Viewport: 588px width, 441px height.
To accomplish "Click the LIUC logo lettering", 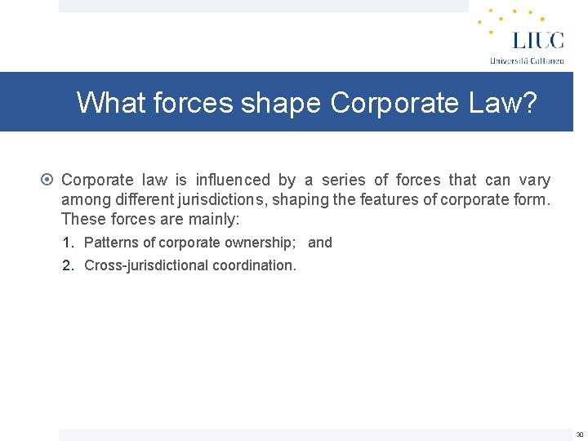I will tap(537, 39).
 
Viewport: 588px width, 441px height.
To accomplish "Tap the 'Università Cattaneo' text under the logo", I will tap(527, 60).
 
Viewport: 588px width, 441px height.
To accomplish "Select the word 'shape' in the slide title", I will tap(281, 103).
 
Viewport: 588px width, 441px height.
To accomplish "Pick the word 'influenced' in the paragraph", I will tap(233, 180).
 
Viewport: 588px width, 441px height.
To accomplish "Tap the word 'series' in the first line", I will tap(343, 180).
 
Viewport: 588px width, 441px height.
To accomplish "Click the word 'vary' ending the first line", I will tap(534, 180).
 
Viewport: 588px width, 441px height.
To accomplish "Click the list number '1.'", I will tap(69, 243).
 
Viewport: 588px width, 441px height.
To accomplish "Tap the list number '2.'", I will tap(69, 265).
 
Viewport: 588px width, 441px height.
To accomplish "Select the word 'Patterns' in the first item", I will tap(110, 243).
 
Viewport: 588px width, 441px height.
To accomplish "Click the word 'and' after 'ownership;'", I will tap(320, 243).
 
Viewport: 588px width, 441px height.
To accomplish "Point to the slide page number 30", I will tap(579, 434).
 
